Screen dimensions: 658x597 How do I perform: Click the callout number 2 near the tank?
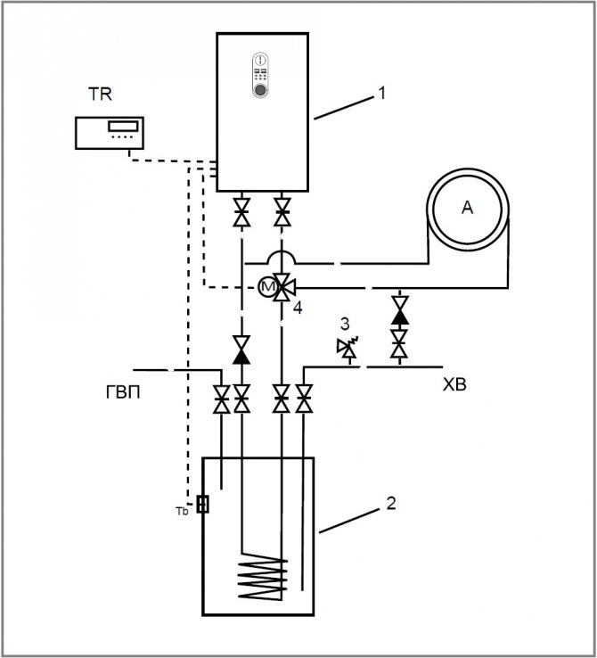389,503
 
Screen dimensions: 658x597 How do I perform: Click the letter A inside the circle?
466,208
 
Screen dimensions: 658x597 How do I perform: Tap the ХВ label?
456,386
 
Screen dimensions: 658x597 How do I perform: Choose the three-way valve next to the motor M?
283,287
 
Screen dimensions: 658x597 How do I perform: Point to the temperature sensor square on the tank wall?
203,505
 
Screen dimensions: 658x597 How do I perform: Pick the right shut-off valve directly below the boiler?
282,214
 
